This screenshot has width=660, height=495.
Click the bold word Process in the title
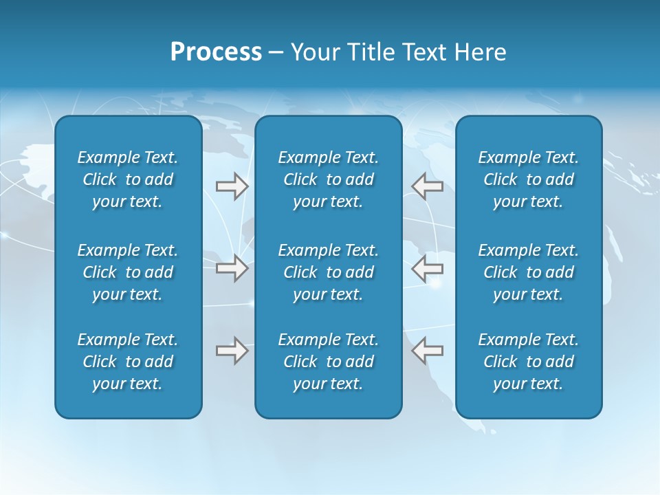(216, 52)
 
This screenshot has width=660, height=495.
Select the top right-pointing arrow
(232, 186)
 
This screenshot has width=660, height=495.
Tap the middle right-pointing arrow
(232, 268)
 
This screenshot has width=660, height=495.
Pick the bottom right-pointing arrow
(232, 351)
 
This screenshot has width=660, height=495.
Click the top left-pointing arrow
(427, 186)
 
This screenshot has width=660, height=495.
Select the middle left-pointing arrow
(427, 268)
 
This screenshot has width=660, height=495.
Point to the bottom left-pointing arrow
(427, 351)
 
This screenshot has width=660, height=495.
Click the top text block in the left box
(128, 179)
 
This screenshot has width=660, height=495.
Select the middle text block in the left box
(128, 272)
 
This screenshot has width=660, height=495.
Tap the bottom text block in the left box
(128, 362)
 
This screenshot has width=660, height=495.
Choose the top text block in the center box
(328, 179)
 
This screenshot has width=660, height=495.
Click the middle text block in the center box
(328, 272)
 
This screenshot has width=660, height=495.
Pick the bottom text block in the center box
(328, 362)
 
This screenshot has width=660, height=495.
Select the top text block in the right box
(528, 179)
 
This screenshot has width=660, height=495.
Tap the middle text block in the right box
(528, 272)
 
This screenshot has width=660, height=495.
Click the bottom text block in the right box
(528, 362)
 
